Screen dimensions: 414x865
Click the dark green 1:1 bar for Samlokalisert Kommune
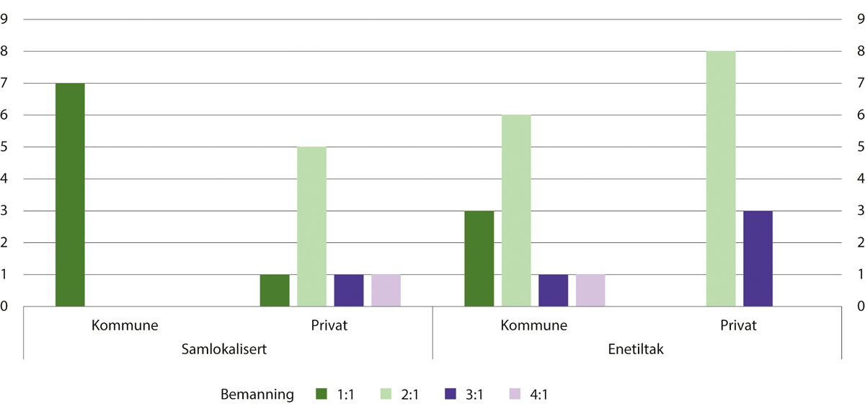pyautogui.click(x=70, y=195)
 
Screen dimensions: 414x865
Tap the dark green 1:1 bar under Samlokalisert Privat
pyautogui.click(x=275, y=291)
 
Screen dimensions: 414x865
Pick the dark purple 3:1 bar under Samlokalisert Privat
pyautogui.click(x=349, y=291)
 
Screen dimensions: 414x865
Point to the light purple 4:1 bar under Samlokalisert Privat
pyautogui.click(x=386, y=291)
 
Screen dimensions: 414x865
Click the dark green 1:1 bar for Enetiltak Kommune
pyautogui.click(x=479, y=258)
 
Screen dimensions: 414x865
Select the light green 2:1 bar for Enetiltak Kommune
pyautogui.click(x=516, y=211)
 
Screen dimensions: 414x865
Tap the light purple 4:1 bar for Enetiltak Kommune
pyautogui.click(x=590, y=291)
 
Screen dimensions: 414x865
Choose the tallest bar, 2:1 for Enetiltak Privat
pyautogui.click(x=721, y=179)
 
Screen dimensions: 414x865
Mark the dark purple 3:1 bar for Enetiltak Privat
pyautogui.click(x=758, y=258)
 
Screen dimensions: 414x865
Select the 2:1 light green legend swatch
pyautogui.click(x=386, y=394)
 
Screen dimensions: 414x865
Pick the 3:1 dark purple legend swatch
pyautogui.click(x=451, y=394)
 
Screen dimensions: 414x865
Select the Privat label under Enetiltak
pyautogui.click(x=739, y=325)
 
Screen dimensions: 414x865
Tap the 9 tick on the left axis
pyautogui.click(x=5, y=19)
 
